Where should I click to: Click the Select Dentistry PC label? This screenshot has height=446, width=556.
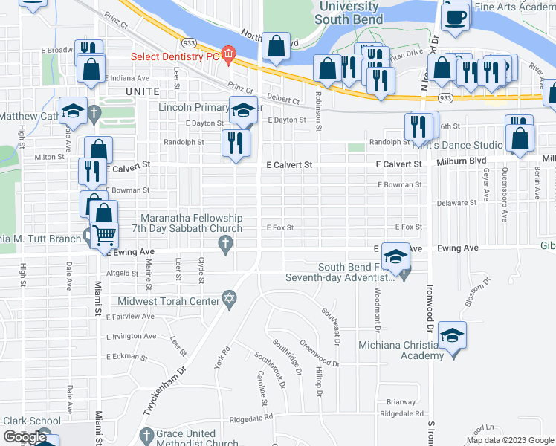175,56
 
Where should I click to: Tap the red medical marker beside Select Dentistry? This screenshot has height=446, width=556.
227,54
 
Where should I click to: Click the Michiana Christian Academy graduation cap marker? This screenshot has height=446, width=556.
453,335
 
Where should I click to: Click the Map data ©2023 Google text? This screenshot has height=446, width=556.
509,439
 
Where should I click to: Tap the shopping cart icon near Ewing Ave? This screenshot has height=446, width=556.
105,236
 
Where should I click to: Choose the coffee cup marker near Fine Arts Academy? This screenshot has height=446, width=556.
455,16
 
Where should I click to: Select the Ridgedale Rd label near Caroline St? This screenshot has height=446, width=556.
251,418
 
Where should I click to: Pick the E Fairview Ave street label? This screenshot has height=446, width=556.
130,316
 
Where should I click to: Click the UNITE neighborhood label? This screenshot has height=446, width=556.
142,91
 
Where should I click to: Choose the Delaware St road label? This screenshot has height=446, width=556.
456,202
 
